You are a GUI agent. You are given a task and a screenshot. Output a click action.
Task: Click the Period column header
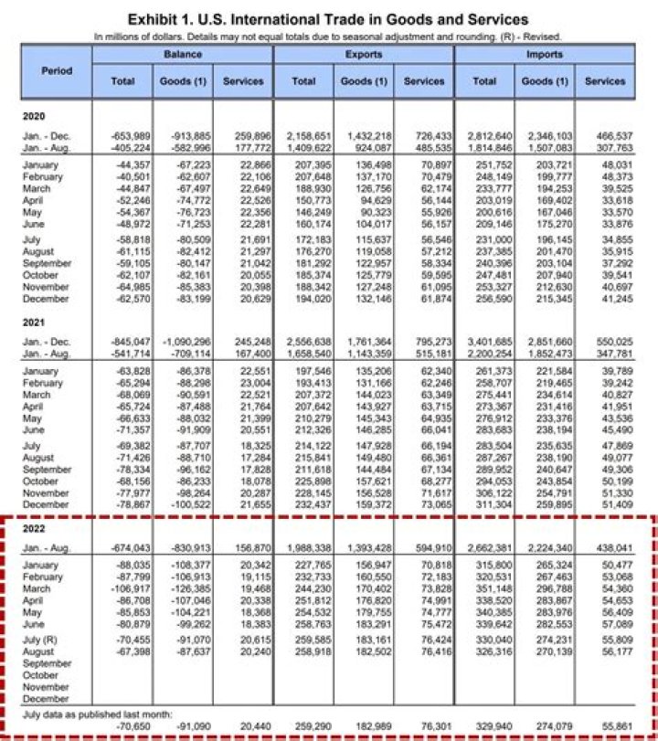click(57, 70)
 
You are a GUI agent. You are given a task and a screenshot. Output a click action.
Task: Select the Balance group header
click(183, 55)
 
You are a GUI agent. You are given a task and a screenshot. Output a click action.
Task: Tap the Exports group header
click(363, 55)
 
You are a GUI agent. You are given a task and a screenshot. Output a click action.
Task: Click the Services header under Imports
click(606, 81)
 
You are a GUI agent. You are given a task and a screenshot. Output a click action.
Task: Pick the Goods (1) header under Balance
click(183, 81)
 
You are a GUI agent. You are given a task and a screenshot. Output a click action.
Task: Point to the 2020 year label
click(34, 116)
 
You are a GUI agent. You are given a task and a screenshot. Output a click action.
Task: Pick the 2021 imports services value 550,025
click(606, 341)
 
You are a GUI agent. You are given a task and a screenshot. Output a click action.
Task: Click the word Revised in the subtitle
click(541, 36)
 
